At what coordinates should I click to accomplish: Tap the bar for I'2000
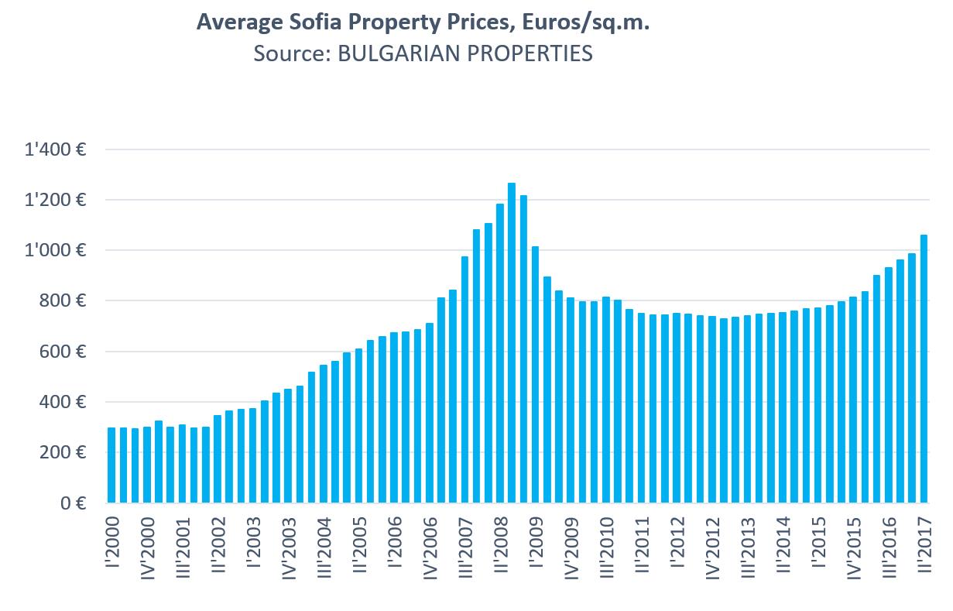click(111, 465)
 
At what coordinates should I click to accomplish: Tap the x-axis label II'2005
click(358, 550)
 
